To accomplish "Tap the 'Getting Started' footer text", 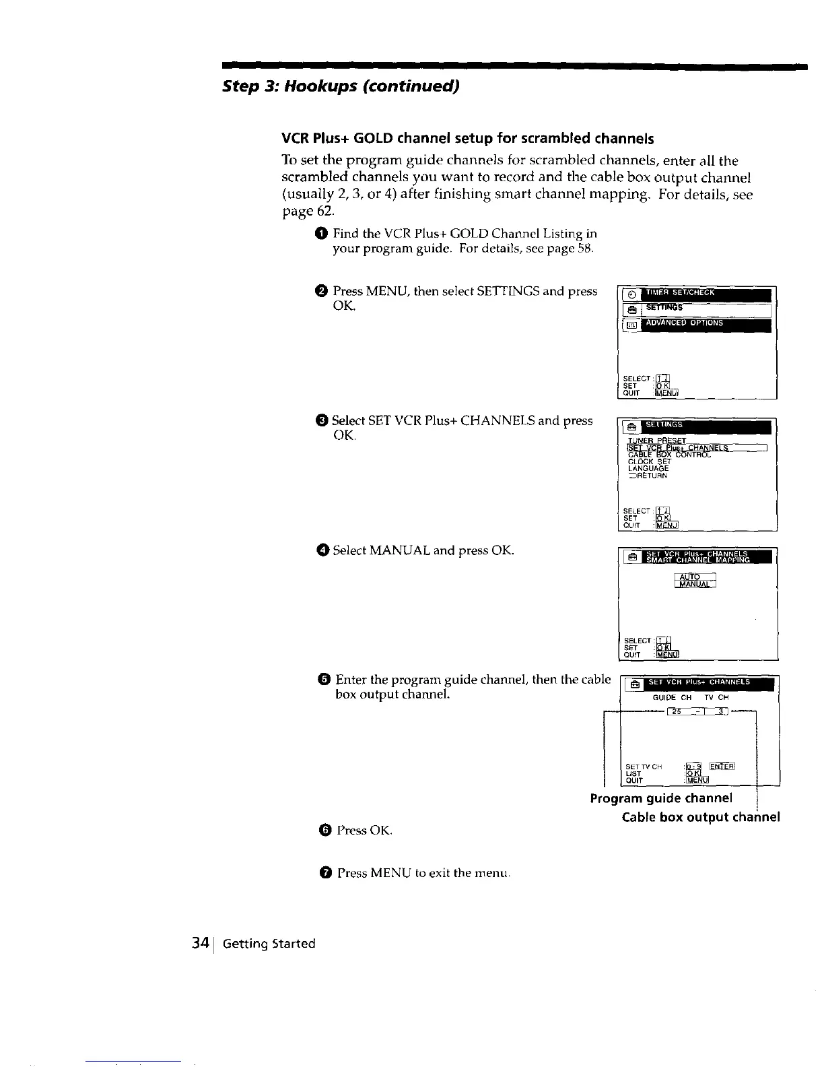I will (269, 944).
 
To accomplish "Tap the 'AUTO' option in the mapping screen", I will (691, 576).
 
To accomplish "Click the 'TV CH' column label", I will (716, 698).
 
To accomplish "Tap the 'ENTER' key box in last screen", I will (722, 766).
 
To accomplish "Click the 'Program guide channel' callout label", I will (660, 798).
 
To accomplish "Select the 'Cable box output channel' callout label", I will (701, 817).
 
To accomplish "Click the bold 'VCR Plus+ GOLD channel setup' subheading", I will (467, 139).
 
